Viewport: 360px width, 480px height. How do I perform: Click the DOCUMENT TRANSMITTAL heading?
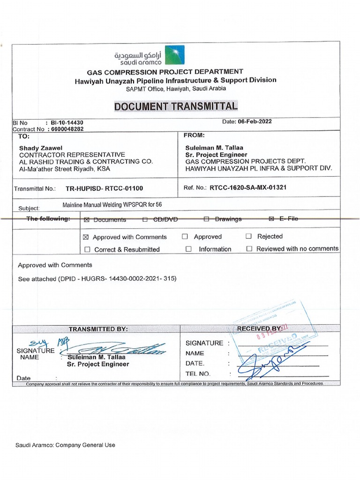[176, 106]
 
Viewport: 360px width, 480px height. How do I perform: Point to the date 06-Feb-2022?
[255, 121]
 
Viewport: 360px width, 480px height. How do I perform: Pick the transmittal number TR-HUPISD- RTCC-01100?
[104, 188]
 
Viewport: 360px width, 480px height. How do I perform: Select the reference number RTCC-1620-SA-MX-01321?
[248, 187]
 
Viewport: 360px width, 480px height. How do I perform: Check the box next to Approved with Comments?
[86, 237]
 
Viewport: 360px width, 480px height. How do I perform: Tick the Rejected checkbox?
[248, 236]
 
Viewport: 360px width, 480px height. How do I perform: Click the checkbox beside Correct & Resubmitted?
[88, 249]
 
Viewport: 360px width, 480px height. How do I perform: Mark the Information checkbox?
[188, 249]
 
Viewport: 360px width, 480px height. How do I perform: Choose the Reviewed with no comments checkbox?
[249, 249]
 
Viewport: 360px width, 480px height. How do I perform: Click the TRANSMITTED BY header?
[98, 329]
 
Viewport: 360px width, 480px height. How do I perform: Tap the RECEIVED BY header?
[259, 329]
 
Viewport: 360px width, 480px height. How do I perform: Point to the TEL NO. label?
[198, 374]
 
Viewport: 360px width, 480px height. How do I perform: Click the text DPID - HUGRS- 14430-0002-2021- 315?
[117, 278]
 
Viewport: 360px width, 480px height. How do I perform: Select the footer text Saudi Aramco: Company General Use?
[65, 445]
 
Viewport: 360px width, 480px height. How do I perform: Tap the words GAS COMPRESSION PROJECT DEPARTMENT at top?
[165, 72]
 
